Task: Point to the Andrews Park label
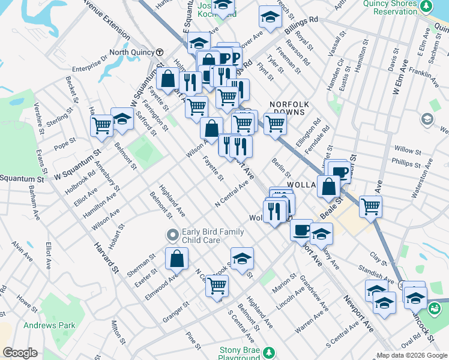(x=49, y=325)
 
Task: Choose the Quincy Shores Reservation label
(x=390, y=7)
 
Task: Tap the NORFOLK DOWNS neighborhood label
(x=288, y=107)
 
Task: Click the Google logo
(x=20, y=353)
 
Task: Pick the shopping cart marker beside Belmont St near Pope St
(x=101, y=125)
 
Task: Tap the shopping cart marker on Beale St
(x=371, y=206)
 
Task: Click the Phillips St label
(x=406, y=163)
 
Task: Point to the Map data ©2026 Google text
(x=412, y=355)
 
